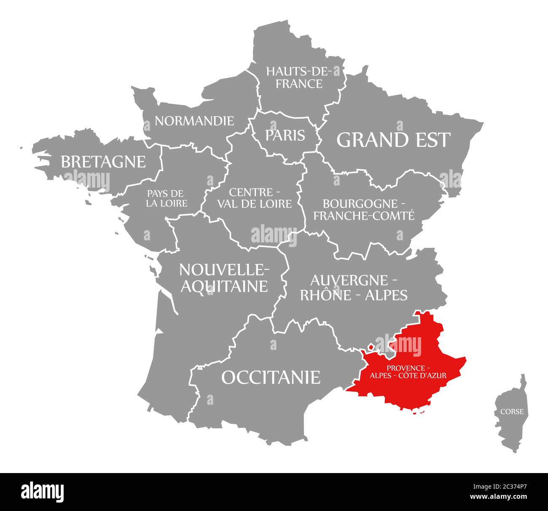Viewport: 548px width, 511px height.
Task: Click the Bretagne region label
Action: pyautogui.click(x=103, y=161)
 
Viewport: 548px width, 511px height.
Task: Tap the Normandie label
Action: pyautogui.click(x=194, y=121)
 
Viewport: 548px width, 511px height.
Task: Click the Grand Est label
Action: pyautogui.click(x=393, y=140)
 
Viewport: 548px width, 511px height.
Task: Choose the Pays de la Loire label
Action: pyautogui.click(x=167, y=199)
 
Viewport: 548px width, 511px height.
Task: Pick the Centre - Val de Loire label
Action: pyautogui.click(x=254, y=198)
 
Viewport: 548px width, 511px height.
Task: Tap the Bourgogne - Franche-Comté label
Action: pyautogui.click(x=363, y=210)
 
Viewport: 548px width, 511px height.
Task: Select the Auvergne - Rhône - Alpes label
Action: pyautogui.click(x=354, y=288)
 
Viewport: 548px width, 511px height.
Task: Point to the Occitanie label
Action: pyautogui.click(x=271, y=377)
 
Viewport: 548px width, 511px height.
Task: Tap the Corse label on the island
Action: pyautogui.click(x=512, y=411)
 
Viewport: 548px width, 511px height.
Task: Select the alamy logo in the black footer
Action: pyautogui.click(x=43, y=492)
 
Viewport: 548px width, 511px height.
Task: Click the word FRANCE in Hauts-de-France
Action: pyautogui.click(x=299, y=83)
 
